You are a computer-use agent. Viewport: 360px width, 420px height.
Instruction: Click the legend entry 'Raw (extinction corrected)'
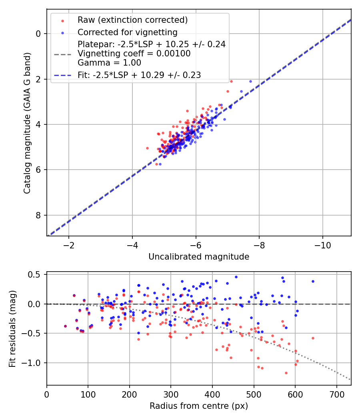coord(132,20)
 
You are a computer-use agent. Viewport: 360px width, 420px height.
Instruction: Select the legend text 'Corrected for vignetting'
coord(128,32)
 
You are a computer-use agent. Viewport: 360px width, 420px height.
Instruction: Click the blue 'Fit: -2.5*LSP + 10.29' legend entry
coord(139,75)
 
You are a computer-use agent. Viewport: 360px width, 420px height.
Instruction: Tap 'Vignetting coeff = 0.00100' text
coord(134,54)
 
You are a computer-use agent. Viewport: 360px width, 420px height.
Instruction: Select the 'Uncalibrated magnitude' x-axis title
coord(199,257)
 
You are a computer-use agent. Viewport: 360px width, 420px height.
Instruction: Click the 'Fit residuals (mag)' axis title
coord(12,328)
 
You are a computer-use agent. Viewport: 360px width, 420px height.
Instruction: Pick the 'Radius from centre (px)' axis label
coord(199,406)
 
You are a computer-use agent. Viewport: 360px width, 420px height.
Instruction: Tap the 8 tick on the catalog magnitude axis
coord(39,216)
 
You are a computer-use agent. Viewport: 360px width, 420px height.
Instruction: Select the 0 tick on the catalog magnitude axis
coord(39,34)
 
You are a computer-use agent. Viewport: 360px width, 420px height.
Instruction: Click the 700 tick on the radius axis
coord(336,394)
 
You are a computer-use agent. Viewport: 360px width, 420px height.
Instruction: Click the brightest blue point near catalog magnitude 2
coord(251,81)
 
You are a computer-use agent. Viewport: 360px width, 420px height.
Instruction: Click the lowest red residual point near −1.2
coord(286,373)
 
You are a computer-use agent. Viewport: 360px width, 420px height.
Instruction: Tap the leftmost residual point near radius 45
coord(65,326)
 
